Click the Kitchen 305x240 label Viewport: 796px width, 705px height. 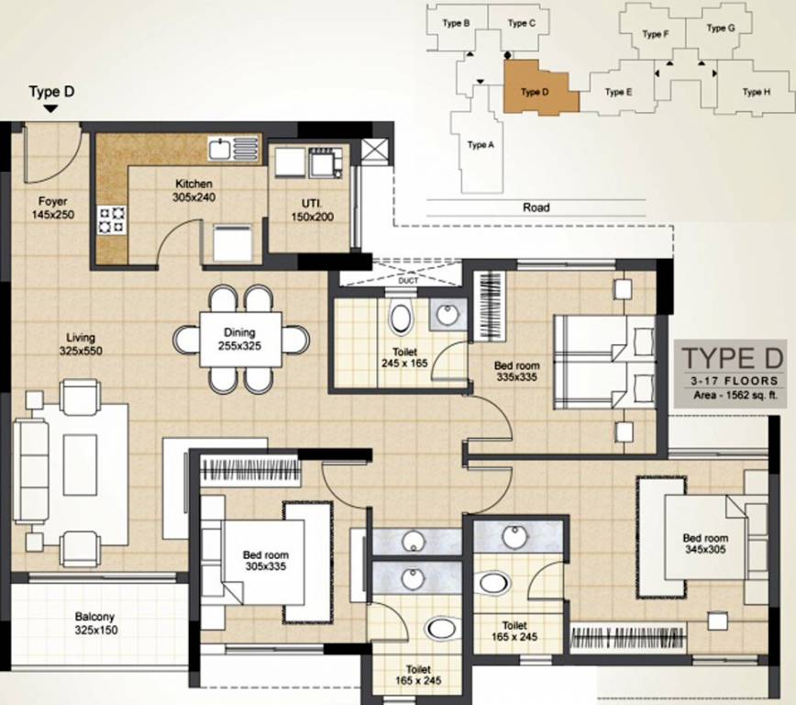(193, 190)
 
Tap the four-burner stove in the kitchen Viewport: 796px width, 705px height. (112, 220)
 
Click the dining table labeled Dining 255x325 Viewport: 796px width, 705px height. (239, 340)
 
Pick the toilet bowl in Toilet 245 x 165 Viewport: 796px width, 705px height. (401, 319)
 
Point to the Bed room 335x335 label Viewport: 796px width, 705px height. (515, 371)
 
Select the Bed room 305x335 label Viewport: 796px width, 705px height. (265, 561)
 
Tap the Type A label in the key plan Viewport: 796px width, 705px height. (481, 145)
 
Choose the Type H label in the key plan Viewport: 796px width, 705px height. (756, 92)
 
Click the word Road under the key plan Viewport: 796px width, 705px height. (536, 207)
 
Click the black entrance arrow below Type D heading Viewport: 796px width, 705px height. (51, 108)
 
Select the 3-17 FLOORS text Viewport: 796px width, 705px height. (729, 380)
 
